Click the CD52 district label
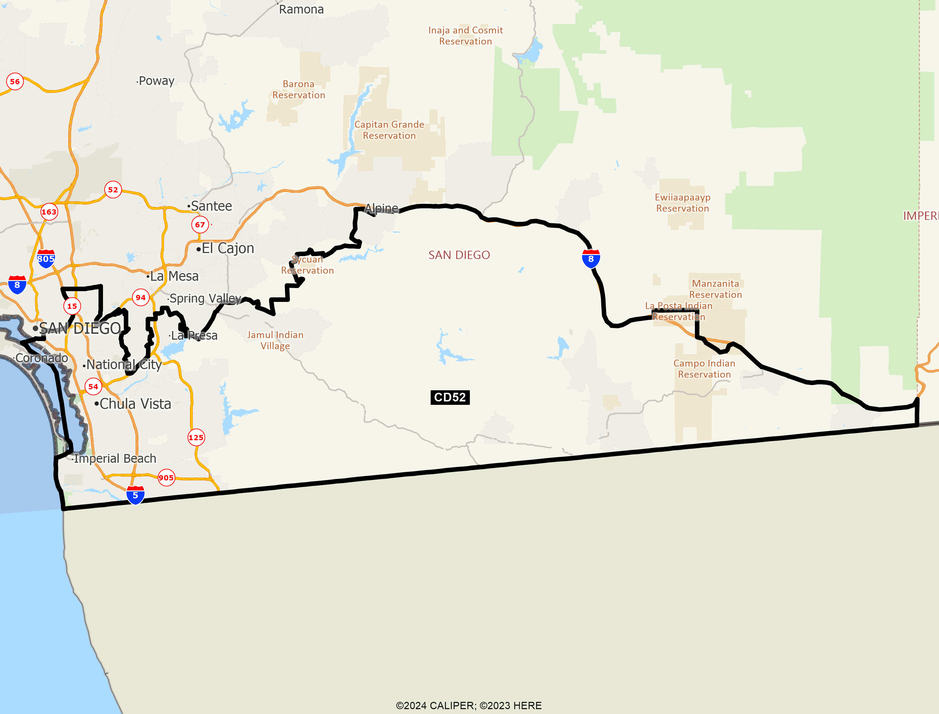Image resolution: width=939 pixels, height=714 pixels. click(450, 397)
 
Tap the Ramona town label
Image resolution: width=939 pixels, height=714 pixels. click(301, 9)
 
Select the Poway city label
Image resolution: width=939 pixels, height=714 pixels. click(156, 81)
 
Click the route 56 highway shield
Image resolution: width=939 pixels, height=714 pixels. click(15, 81)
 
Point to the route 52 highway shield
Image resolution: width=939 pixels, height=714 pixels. click(113, 190)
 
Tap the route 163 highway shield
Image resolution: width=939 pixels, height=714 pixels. click(49, 212)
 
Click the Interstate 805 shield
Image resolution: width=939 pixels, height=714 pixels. click(46, 259)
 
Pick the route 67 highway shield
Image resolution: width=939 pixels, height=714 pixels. click(200, 224)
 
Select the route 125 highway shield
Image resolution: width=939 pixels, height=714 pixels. click(196, 437)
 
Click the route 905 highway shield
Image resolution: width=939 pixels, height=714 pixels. click(166, 478)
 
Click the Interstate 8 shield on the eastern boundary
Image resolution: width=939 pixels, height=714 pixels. click(591, 259)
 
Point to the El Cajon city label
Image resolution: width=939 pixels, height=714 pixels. click(227, 248)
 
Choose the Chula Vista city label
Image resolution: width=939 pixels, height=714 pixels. click(135, 404)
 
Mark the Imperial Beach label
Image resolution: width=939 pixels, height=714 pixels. click(115, 459)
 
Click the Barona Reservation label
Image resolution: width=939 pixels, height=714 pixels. click(299, 90)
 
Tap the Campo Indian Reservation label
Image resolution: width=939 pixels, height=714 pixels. click(704, 369)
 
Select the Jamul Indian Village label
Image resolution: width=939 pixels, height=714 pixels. click(275, 340)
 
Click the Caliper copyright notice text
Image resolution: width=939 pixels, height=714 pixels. click(468, 705)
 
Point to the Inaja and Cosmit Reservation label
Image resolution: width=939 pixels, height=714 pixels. click(465, 36)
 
